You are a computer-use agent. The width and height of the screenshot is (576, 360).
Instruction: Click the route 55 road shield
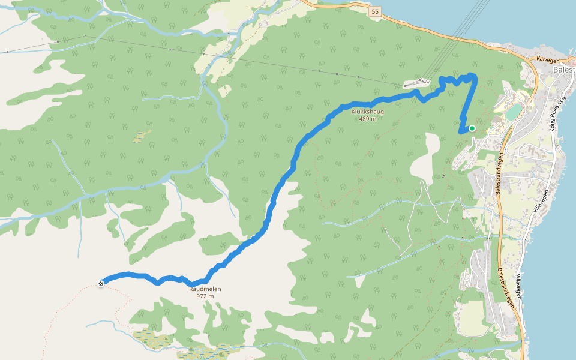pos(375,11)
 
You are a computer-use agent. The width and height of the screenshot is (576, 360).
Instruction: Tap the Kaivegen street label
pos(548,59)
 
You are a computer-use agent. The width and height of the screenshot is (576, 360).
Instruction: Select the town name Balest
pos(563,70)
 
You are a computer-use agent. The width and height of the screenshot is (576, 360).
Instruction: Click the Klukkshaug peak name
pos(367,112)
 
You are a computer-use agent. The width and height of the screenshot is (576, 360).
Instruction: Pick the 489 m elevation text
pos(367,119)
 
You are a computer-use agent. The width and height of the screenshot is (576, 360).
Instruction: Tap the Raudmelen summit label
pos(205,289)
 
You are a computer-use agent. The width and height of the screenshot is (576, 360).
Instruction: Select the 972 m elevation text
pos(205,296)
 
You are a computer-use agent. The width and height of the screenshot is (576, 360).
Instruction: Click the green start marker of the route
pos(472,128)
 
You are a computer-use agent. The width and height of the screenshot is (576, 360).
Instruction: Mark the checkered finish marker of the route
pos(101,284)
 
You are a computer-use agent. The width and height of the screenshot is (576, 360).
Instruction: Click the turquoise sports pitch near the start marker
pos(513,112)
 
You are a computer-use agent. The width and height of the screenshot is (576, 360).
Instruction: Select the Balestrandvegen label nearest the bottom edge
pos(507,288)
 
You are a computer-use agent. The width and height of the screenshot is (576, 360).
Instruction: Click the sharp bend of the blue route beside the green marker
pos(460,131)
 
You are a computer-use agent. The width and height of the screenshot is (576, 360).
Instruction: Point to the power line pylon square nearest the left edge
pos(7,52)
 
